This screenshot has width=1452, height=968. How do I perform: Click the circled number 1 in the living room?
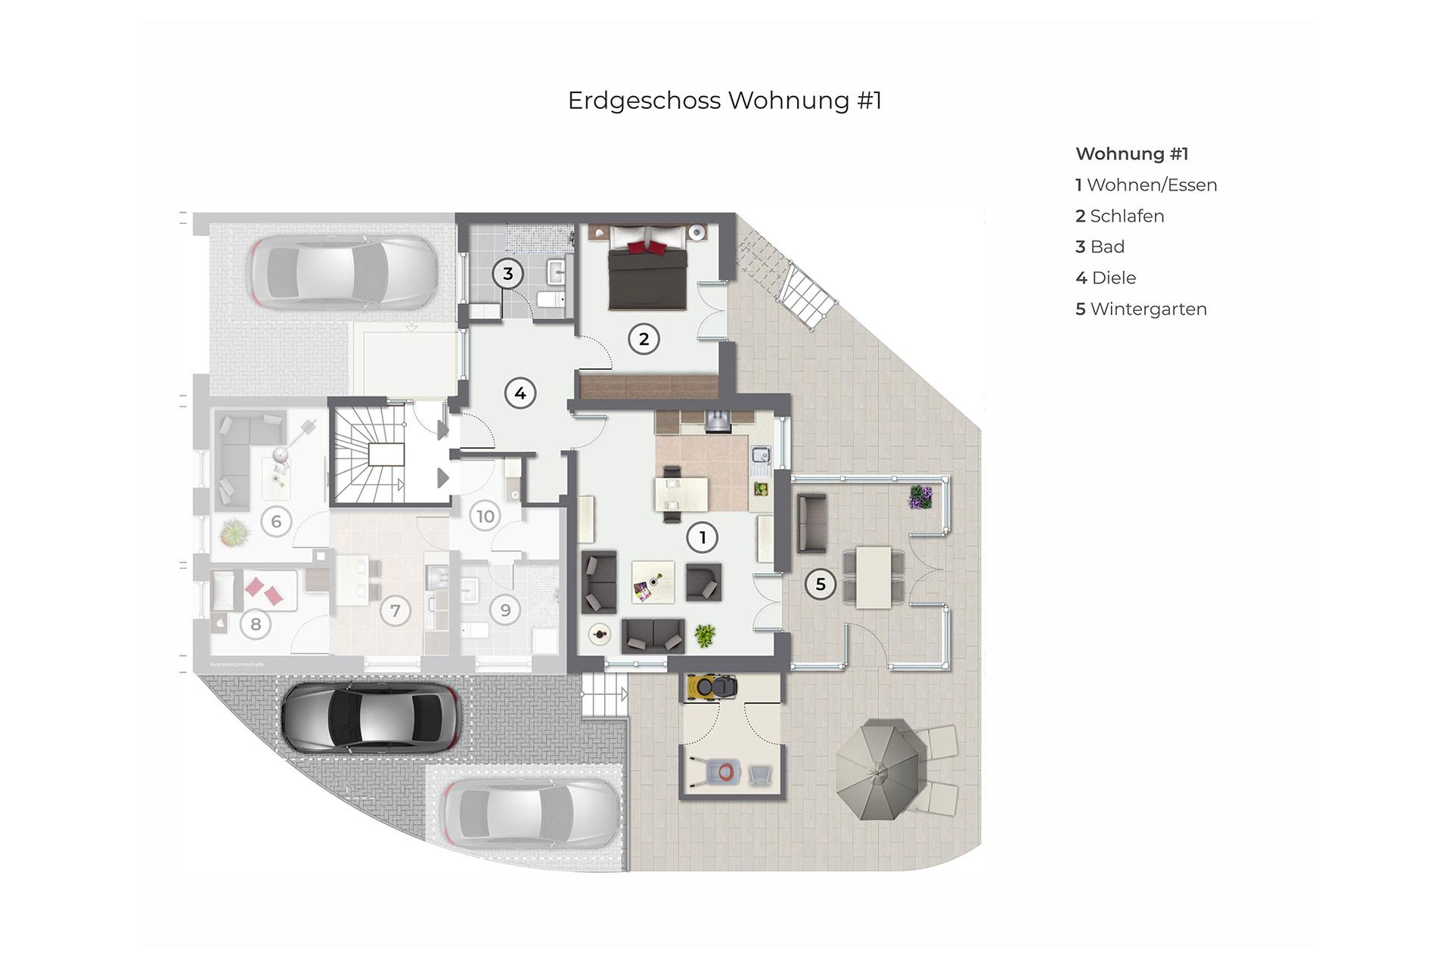[x=703, y=538]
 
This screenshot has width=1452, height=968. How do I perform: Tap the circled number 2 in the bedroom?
[x=644, y=339]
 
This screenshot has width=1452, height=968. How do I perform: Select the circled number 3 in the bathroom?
[x=508, y=274]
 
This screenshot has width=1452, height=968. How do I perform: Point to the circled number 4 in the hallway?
[x=520, y=393]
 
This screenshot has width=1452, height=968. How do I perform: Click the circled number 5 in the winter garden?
[x=821, y=584]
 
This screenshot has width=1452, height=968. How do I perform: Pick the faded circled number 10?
[x=485, y=517]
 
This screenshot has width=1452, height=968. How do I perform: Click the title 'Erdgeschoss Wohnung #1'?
[x=724, y=101]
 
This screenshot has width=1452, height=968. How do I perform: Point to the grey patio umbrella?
[x=881, y=770]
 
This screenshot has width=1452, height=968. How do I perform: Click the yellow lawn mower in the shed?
[x=712, y=687]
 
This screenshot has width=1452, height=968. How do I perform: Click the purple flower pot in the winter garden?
[x=920, y=497]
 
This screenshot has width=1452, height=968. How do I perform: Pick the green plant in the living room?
[x=705, y=635]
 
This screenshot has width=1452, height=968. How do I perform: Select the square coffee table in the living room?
[x=653, y=582]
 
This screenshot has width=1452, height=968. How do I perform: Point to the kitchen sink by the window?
[x=761, y=455]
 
